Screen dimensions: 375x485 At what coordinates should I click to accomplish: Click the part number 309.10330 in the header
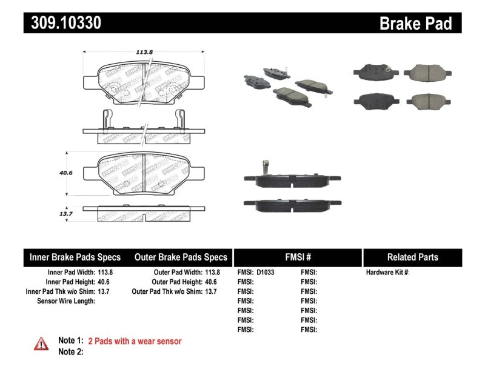(62, 24)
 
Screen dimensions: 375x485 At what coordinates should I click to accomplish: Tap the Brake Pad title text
(415, 24)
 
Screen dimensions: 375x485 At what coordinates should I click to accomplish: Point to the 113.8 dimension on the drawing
(143, 52)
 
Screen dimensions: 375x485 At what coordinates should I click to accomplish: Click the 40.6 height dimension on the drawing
(67, 173)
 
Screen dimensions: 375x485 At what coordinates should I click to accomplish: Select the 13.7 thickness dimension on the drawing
(67, 214)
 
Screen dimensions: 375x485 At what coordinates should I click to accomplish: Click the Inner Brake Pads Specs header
(75, 257)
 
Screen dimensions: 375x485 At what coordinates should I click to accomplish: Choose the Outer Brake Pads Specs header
(181, 257)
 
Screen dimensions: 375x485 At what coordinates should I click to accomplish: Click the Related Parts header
(412, 257)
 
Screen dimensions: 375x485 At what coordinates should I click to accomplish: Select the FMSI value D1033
(266, 273)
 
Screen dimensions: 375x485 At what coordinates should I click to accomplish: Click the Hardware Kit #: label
(387, 273)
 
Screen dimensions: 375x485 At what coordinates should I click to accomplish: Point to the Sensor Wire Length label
(66, 300)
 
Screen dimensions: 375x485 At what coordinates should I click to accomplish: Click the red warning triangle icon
(41, 343)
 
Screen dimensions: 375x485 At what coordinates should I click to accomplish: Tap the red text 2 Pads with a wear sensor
(135, 341)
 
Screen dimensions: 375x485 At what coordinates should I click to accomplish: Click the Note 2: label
(70, 351)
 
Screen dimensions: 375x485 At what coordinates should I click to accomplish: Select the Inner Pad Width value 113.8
(105, 273)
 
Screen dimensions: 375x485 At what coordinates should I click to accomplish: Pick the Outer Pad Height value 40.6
(210, 282)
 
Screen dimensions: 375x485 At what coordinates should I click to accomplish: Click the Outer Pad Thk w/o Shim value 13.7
(210, 291)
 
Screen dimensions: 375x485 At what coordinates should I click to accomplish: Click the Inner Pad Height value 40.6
(105, 282)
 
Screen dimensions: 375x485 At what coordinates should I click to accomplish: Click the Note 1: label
(70, 341)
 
